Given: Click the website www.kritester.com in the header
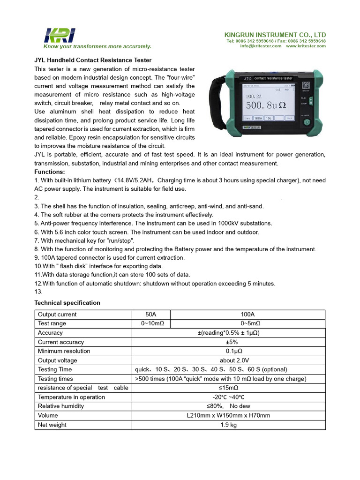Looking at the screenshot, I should (x=306, y=46).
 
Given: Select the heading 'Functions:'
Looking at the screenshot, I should (x=50, y=172).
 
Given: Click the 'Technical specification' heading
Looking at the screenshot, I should (x=67, y=303).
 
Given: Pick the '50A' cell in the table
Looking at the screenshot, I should (x=151, y=315).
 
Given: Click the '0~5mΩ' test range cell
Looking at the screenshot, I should (x=247, y=323).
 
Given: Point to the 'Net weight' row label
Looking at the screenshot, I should (x=52, y=425).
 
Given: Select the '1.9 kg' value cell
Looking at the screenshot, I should (x=229, y=425).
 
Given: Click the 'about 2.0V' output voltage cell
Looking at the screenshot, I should (x=229, y=360).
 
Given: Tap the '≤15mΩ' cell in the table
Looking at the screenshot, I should (x=229, y=388).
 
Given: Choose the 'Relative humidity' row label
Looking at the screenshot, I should (x=61, y=406).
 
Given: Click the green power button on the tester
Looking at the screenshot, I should (x=307, y=122).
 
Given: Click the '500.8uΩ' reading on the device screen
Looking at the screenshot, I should (x=265, y=105).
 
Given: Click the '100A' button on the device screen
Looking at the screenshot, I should (x=258, y=119).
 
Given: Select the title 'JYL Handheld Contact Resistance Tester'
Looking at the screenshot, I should (x=93, y=60).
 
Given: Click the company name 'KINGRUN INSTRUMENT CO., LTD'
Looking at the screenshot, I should (x=276, y=35).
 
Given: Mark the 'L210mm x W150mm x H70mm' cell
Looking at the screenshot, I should (x=229, y=415).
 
